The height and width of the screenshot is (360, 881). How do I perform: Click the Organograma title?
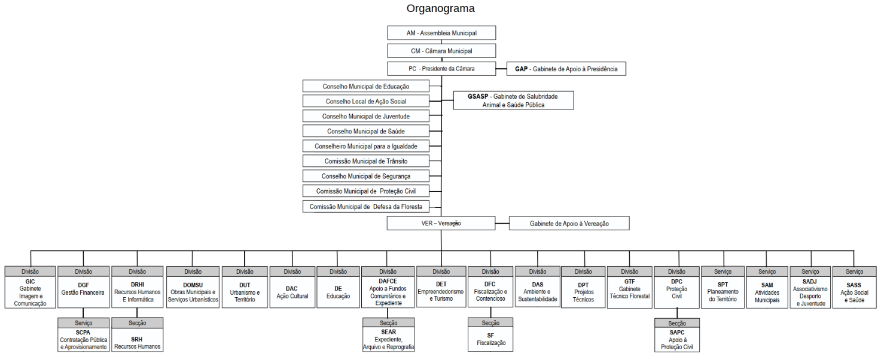(x=440, y=8)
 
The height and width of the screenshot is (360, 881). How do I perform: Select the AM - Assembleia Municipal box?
(x=441, y=33)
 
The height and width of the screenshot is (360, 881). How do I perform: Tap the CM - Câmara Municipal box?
(x=441, y=51)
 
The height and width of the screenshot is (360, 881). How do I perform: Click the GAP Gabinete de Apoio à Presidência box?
(x=566, y=69)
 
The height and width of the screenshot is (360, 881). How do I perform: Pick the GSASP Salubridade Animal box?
(x=513, y=100)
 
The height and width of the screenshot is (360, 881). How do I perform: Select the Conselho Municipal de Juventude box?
(x=366, y=116)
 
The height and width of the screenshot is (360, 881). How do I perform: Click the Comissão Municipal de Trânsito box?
(x=366, y=161)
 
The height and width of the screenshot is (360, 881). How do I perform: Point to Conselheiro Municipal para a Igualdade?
(x=366, y=146)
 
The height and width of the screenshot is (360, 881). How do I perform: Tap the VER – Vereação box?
(x=441, y=223)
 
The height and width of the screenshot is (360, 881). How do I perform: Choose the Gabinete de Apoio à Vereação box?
(x=569, y=223)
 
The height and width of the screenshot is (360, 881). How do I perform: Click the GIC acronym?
(x=30, y=281)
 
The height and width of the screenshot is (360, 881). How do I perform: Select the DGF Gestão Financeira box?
(x=83, y=289)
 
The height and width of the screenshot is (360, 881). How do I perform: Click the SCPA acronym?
(x=83, y=332)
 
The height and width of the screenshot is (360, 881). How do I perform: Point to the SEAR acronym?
(x=388, y=332)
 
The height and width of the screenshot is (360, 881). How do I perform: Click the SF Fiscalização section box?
(x=490, y=339)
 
